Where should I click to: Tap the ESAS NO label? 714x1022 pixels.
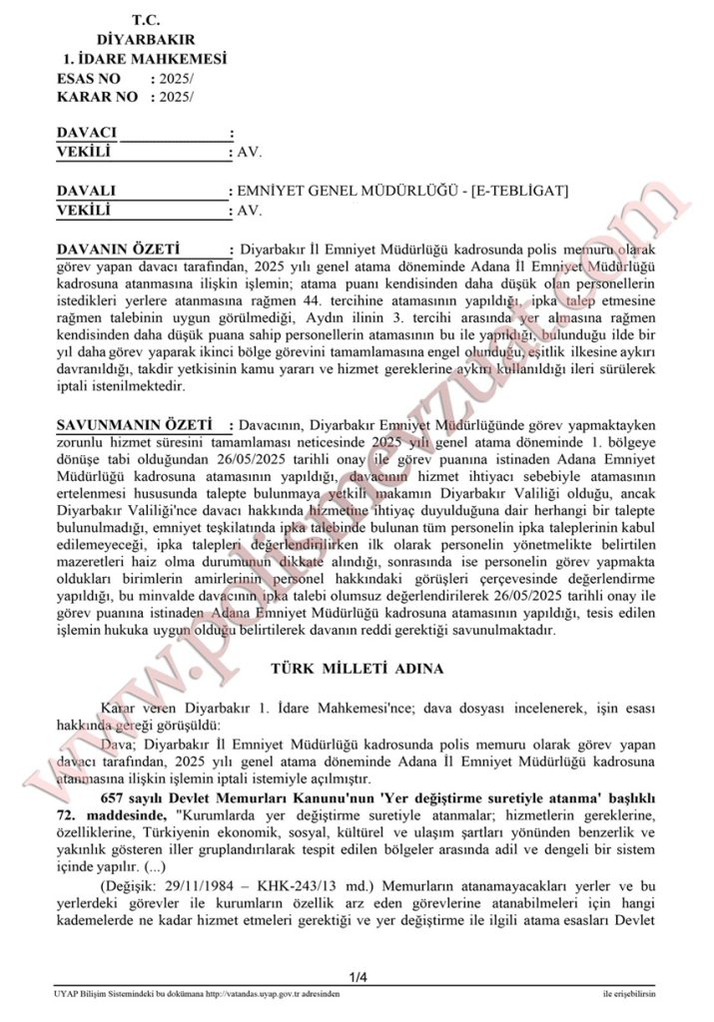click(x=89, y=78)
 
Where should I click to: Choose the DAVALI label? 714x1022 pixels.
click(x=87, y=191)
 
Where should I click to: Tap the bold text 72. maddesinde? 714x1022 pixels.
click(x=114, y=815)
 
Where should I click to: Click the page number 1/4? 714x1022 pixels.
click(x=357, y=977)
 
